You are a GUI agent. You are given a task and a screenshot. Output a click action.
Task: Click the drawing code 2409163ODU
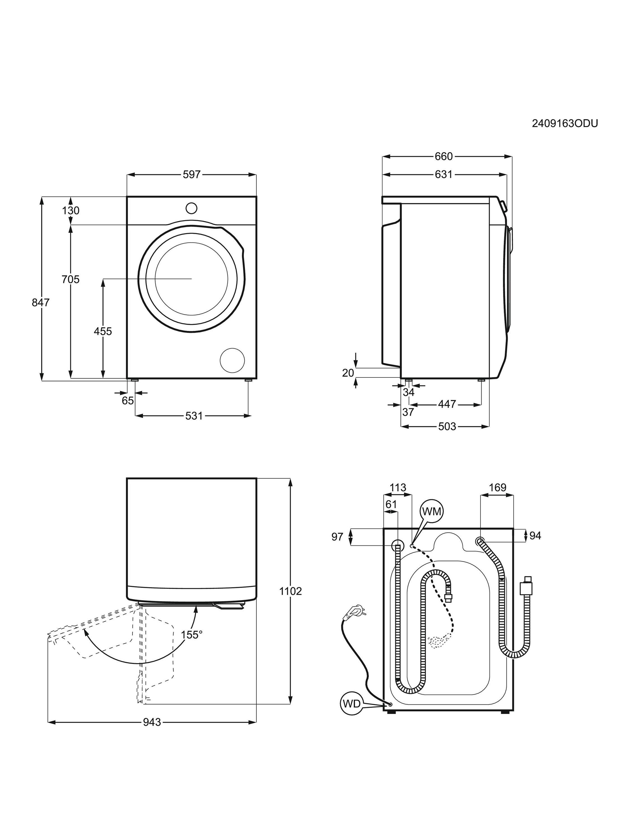pyautogui.click(x=565, y=123)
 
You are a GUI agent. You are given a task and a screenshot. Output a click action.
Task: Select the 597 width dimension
pyautogui.click(x=192, y=174)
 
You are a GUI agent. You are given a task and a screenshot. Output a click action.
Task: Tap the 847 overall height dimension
pyautogui.click(x=41, y=303)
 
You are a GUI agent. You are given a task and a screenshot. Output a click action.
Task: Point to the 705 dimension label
pyautogui.click(x=71, y=279)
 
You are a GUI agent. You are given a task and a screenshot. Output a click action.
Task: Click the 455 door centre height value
pyautogui.click(x=103, y=332)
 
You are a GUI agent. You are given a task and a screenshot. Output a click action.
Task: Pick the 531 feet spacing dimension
pyautogui.click(x=194, y=416)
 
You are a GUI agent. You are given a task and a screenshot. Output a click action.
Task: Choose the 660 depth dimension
pyautogui.click(x=444, y=156)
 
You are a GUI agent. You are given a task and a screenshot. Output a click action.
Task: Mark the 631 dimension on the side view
pyautogui.click(x=444, y=174)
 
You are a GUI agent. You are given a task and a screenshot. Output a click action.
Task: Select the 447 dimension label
pyautogui.click(x=447, y=404)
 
